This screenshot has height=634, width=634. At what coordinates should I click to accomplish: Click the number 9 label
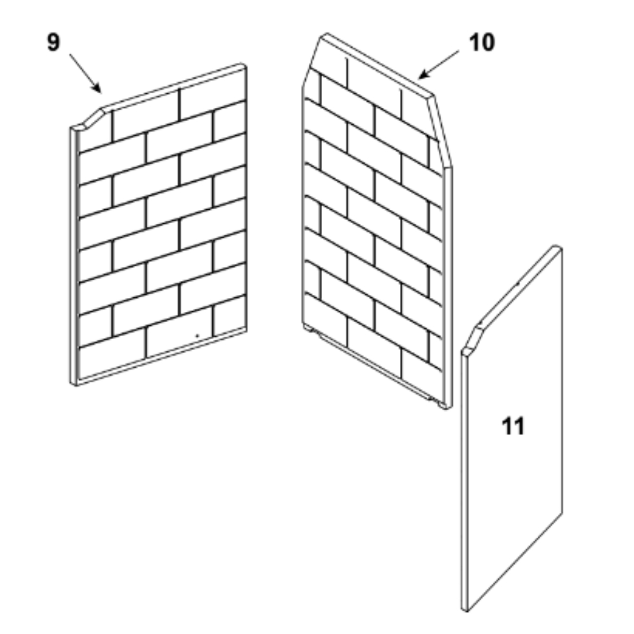pos(53,42)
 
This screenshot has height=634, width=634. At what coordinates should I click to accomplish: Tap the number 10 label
pos(482,42)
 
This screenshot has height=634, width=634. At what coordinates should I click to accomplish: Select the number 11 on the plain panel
pos(513,426)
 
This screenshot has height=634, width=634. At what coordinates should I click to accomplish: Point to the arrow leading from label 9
pos(86,73)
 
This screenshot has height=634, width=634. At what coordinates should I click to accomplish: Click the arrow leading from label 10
pos(438,65)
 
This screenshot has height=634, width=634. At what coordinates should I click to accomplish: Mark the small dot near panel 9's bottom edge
pos(197,335)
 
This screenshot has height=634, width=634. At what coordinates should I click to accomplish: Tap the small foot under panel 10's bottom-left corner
pos(312,330)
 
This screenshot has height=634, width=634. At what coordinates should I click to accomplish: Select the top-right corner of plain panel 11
pos(558,247)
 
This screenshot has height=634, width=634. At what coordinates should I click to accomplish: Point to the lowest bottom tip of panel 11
pos(465,610)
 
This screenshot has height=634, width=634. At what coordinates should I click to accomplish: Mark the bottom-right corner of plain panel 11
pos(562,514)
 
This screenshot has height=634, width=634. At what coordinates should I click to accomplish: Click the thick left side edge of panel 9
pos(74,256)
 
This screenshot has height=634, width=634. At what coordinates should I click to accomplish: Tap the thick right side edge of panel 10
pos(448,287)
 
